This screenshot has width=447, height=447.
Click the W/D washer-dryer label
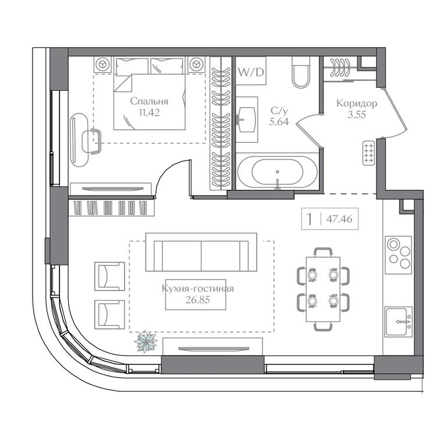[x=251, y=72]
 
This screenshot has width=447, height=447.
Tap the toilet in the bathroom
[x=301, y=72]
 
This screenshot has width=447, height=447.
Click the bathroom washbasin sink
[x=247, y=119]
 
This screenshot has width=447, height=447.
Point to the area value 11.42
[x=149, y=112]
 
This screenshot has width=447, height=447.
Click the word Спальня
[x=149, y=101]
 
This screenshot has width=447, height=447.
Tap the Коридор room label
[x=357, y=103]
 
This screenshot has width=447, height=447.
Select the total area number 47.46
[x=339, y=219]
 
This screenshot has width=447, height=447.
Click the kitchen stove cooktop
[x=398, y=255]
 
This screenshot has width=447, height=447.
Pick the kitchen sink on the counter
[x=398, y=322]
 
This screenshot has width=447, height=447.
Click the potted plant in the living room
[x=146, y=342]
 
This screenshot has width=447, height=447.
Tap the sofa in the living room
[x=201, y=252]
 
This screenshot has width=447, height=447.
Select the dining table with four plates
[x=323, y=289]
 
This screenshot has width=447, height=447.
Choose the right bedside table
[x=196, y=65]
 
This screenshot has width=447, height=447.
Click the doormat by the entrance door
[x=368, y=153]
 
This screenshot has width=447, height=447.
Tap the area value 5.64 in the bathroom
[x=279, y=122]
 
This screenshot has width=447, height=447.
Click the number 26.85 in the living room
[x=197, y=300]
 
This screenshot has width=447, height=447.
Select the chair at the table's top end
[x=323, y=252]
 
